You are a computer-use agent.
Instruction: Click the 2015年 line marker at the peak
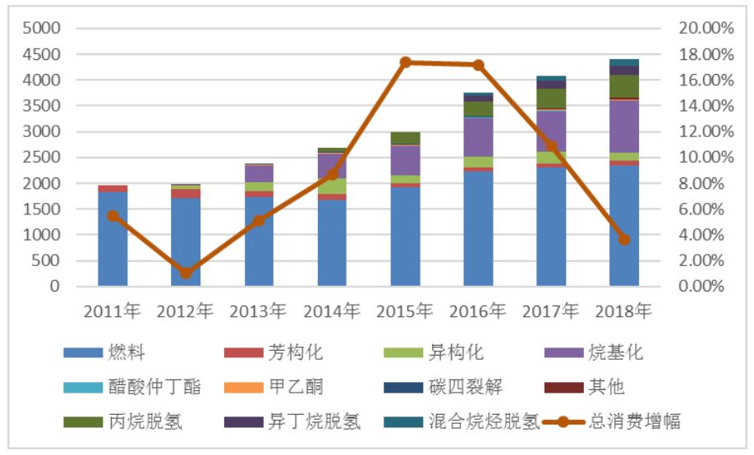(406, 62)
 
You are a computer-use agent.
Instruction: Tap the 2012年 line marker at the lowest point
(186, 273)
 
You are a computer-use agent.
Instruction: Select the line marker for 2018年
(624, 239)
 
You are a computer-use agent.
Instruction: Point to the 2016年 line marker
(479, 65)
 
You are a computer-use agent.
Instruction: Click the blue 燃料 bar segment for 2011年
(113, 238)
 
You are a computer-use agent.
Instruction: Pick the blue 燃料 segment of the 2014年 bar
(333, 242)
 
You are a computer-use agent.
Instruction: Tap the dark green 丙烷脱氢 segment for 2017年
(551, 99)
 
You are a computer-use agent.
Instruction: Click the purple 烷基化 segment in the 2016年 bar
(479, 137)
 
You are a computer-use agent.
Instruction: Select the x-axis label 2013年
(259, 311)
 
